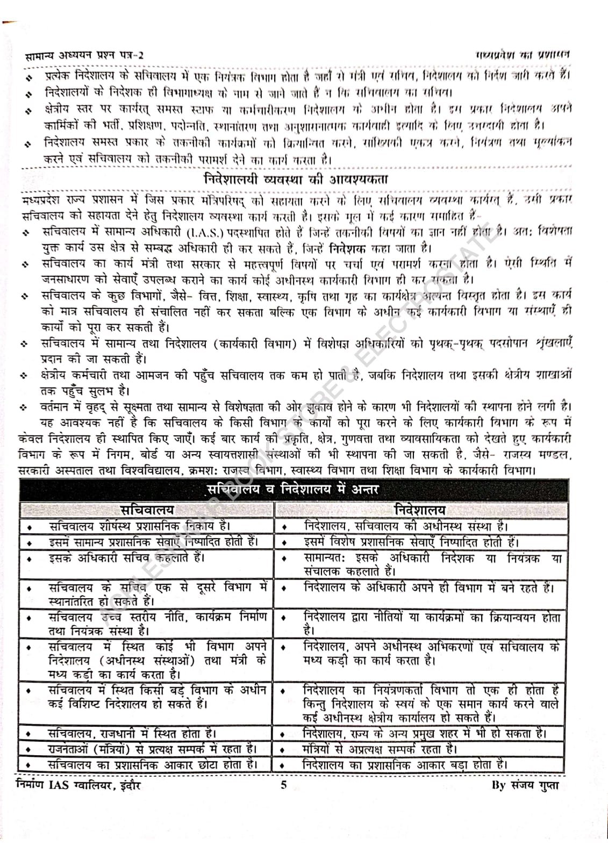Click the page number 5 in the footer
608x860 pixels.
[284, 785]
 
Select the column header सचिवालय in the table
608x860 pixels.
[147, 510]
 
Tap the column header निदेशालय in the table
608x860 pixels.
[420, 510]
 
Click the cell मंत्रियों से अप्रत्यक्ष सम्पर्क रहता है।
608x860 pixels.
[380, 748]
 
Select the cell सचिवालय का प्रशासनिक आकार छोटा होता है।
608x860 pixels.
[152, 764]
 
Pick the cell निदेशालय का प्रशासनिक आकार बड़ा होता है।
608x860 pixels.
[405, 764]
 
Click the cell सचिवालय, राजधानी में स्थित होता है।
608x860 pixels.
[132, 733]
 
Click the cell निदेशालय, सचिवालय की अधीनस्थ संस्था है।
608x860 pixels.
[405, 526]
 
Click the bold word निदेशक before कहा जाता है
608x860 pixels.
[347, 248]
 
